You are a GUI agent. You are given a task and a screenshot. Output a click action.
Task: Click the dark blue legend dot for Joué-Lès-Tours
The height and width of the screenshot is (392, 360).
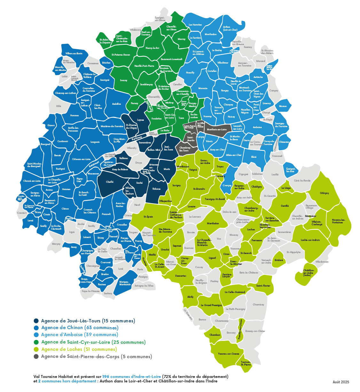click(36, 321)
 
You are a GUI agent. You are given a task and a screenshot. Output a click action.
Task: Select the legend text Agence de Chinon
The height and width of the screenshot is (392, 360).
click(80, 328)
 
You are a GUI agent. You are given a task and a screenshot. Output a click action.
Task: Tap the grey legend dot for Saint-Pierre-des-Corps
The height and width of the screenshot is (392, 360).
click(36, 357)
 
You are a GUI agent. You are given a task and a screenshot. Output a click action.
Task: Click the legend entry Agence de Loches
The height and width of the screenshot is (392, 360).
click(79, 349)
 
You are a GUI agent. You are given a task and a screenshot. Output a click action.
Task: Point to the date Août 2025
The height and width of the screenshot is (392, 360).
click(340, 382)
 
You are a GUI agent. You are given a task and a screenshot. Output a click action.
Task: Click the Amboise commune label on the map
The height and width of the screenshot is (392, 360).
click(257, 127)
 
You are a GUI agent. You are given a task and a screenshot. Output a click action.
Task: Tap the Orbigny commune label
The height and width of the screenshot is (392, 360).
click(324, 193)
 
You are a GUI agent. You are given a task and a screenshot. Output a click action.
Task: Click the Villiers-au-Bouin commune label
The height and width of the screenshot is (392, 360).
click(74, 53)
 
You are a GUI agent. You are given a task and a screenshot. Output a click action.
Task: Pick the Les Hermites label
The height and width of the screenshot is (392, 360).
click(195, 25)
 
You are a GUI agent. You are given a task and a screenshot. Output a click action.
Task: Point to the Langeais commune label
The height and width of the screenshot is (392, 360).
click(95, 142)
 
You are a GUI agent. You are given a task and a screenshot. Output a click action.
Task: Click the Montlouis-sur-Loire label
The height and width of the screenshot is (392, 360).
click(216, 129)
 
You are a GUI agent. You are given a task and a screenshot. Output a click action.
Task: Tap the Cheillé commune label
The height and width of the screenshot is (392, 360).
click(110, 182)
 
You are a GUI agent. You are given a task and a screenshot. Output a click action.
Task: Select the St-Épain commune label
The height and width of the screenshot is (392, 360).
click(148, 217)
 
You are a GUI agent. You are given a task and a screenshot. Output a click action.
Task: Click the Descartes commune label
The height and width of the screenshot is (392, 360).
click(181, 276)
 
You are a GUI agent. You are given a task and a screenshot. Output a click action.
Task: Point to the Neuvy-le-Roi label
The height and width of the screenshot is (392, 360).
click(152, 48)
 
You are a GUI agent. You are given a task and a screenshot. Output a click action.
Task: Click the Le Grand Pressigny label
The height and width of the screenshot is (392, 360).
click(211, 305)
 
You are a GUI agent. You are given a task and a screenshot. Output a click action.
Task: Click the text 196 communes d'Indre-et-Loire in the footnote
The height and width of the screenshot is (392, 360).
click(131, 376)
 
